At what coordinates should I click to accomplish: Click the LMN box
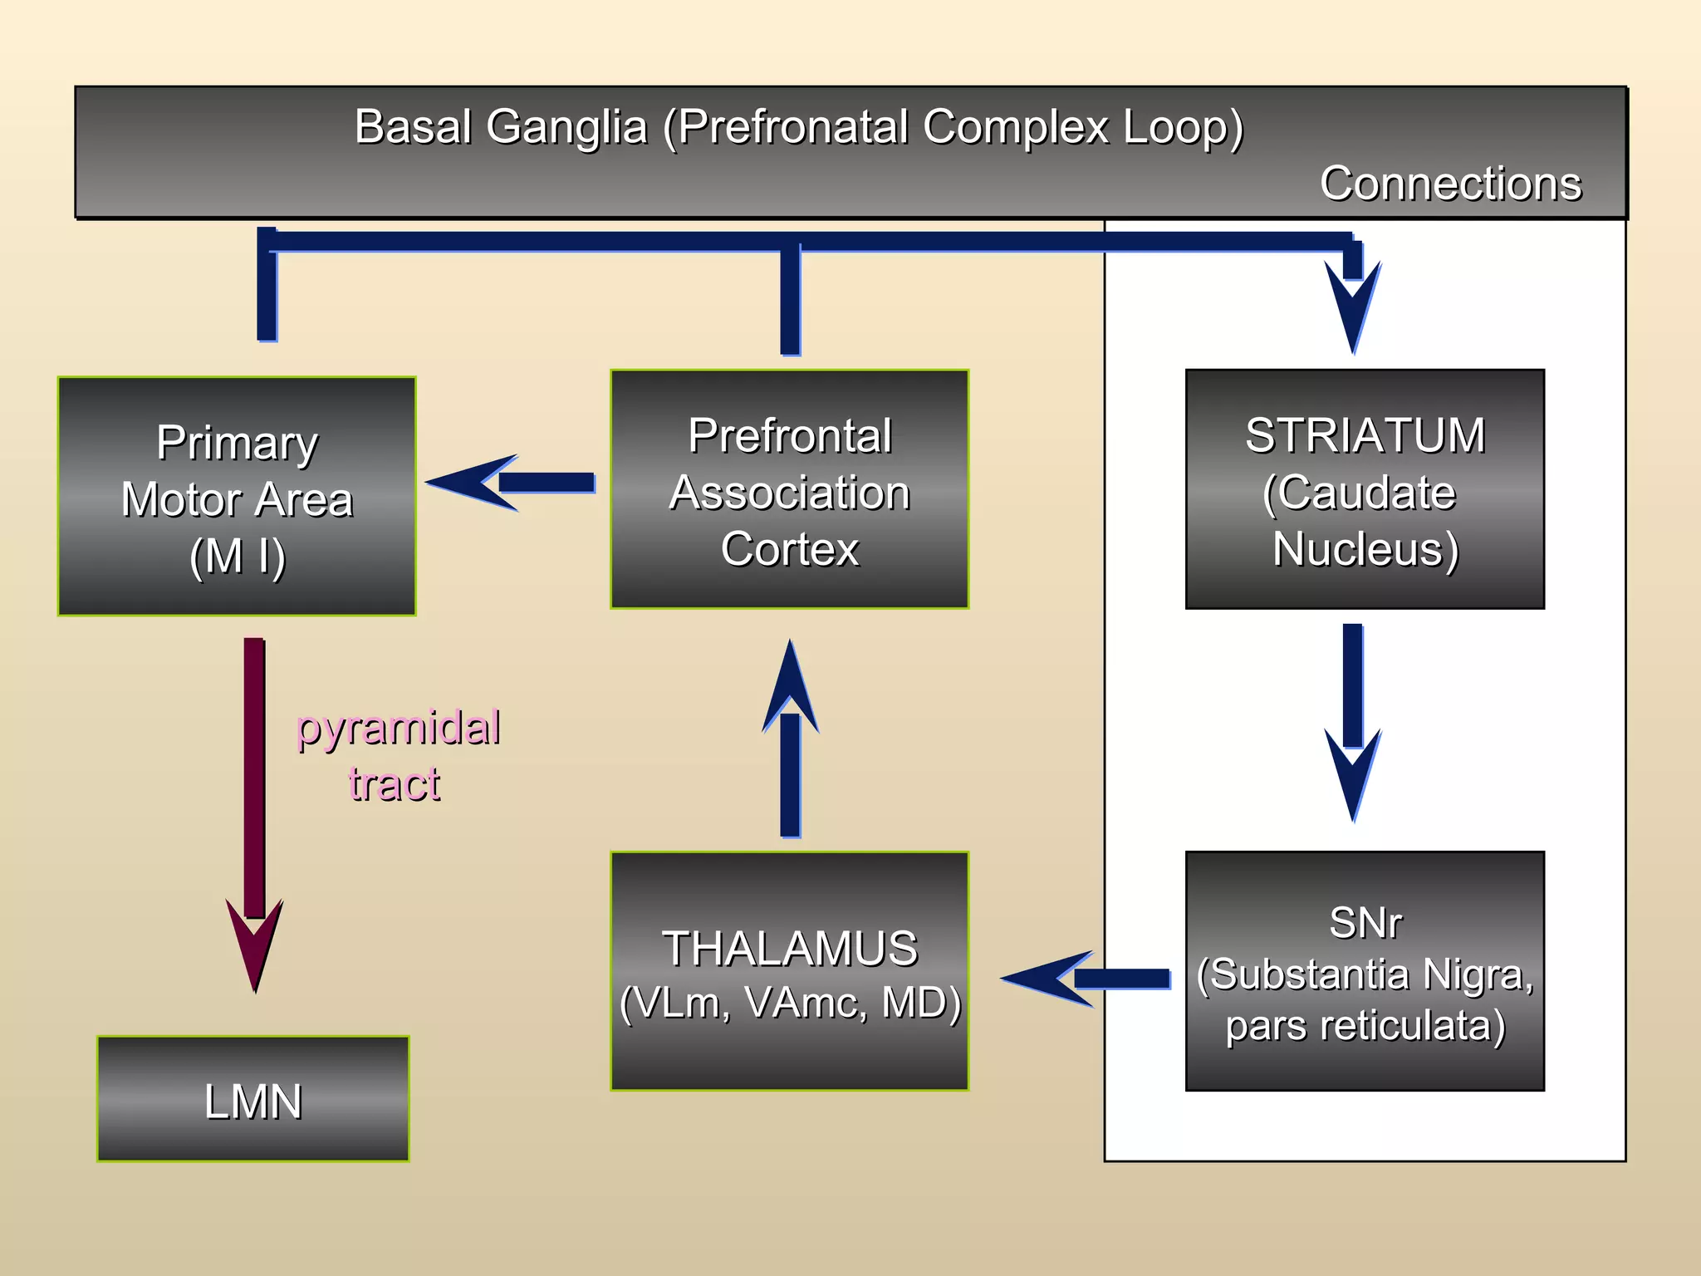pos(252,1098)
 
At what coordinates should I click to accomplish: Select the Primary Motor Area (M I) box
pos(237,497)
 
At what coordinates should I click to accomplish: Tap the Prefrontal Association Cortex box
pos(789,490)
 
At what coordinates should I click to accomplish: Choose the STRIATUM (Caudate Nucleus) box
pos(1365,490)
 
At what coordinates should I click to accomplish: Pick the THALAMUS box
pos(789,970)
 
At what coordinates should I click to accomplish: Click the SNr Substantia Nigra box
pos(1365,970)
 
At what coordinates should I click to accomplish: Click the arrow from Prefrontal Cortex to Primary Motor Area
pos(515,483)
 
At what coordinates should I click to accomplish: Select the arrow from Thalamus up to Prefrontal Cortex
pos(790,748)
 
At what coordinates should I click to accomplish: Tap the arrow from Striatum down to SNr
pos(1353,714)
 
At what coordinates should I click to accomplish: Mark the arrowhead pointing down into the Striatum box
pos(1353,307)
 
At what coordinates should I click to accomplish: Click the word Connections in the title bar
pos(1450,184)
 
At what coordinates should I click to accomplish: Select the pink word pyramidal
pos(398,729)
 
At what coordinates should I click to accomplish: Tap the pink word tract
pos(394,783)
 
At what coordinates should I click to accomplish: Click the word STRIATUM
pos(1365,435)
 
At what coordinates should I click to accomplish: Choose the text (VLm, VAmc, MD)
pos(789,1003)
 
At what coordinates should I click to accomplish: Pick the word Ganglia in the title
pos(566,127)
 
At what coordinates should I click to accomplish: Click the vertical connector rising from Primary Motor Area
pos(267,287)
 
